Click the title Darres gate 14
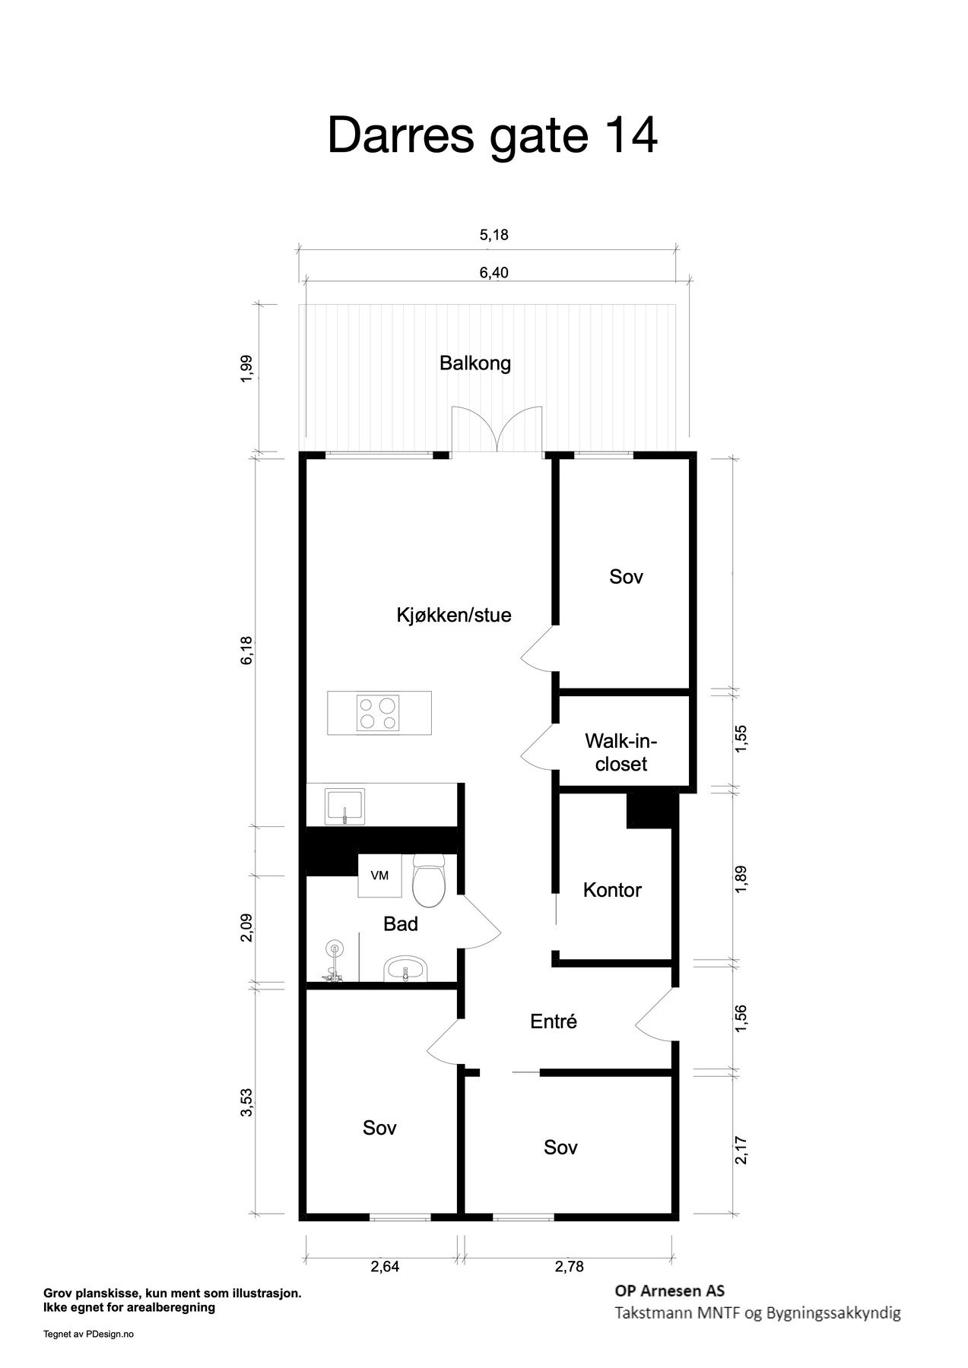point(492,137)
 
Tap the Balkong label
point(475,363)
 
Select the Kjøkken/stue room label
point(454,615)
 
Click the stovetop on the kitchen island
point(378,714)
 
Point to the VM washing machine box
point(379,876)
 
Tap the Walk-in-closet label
point(621,752)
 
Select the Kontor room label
point(612,890)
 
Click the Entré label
point(554,1022)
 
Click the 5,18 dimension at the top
point(494,236)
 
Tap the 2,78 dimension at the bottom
point(569,1267)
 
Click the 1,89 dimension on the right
point(742,879)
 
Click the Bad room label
point(401,924)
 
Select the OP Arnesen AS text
point(669,1290)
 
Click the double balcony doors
point(497,432)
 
